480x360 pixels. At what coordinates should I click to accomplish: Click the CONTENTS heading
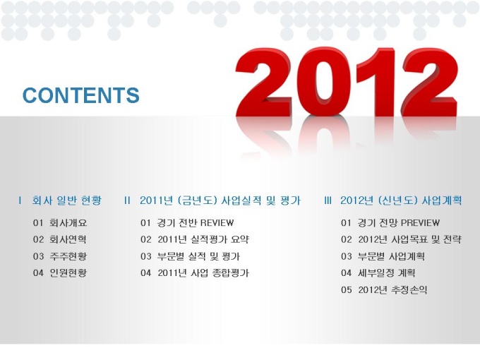tap(81, 95)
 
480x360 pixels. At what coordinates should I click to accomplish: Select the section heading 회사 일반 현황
tap(67, 200)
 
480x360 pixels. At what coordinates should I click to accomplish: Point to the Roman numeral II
tap(127, 200)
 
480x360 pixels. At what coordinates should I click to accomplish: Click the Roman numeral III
tap(328, 200)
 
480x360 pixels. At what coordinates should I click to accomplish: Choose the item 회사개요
tap(68, 222)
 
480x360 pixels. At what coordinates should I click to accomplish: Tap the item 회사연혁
tap(68, 239)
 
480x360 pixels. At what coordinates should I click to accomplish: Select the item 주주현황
tap(68, 256)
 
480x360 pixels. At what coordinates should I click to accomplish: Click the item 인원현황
tap(68, 272)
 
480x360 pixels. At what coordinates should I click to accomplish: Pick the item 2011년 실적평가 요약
tap(203, 239)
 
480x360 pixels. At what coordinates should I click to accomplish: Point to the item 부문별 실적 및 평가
tap(198, 256)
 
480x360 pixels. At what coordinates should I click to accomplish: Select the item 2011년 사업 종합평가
tap(203, 272)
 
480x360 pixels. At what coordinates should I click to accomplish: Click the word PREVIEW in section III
tap(420, 222)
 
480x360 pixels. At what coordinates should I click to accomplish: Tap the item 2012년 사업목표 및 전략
tap(410, 239)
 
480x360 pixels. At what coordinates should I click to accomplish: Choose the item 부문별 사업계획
tap(391, 256)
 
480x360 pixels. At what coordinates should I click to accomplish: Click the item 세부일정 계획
tap(387, 272)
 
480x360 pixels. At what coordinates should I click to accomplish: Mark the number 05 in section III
tap(346, 289)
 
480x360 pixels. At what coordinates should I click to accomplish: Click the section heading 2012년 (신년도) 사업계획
tap(401, 200)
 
